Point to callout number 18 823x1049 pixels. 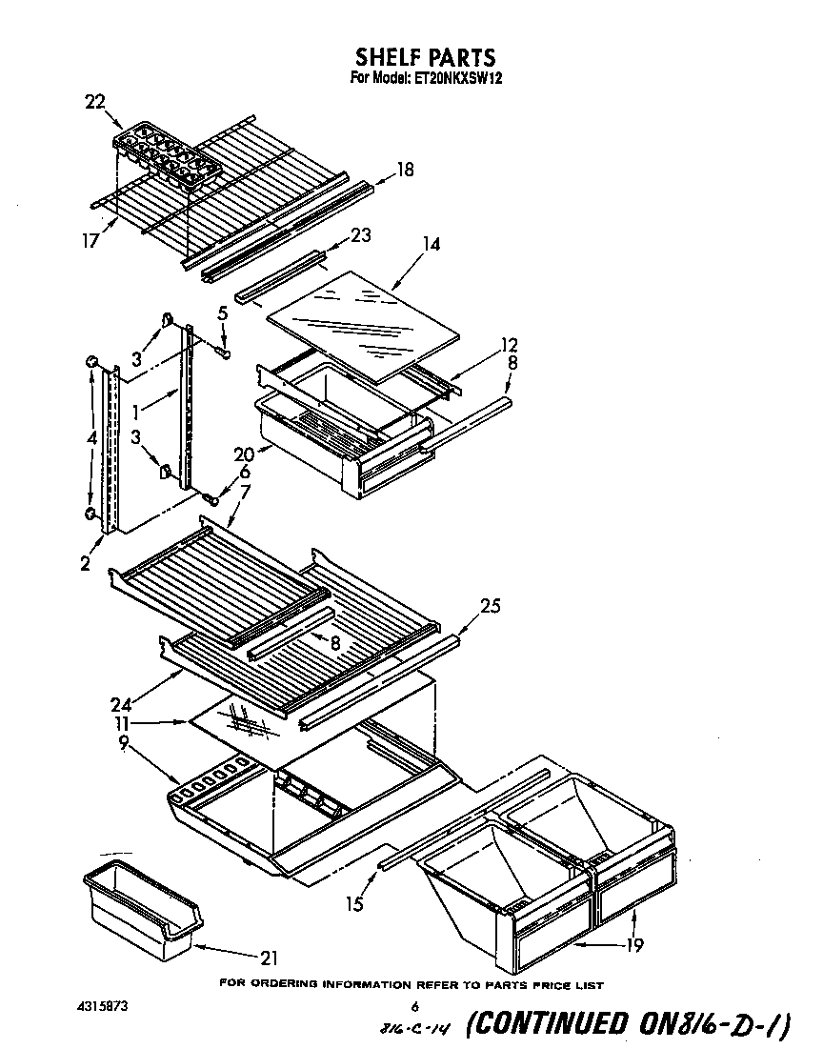click(405, 170)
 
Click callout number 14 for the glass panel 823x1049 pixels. click(431, 244)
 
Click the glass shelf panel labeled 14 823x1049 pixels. click(362, 324)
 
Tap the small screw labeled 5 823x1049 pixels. click(225, 353)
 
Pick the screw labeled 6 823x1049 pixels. click(213, 497)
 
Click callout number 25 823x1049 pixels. click(490, 604)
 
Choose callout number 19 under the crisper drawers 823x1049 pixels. click(634, 945)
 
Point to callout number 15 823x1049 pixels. click(354, 902)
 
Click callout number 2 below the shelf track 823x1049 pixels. click(85, 564)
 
